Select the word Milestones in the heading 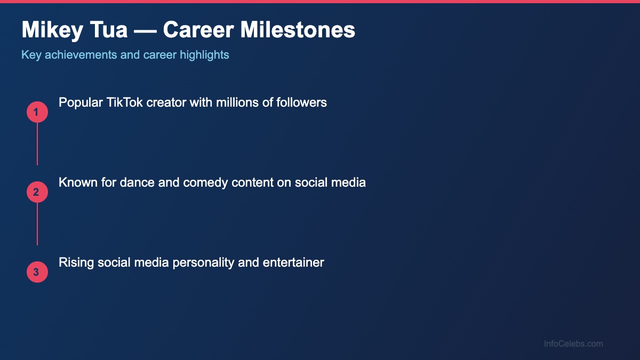pyautogui.click(x=298, y=30)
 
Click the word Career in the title pyautogui.click(x=197, y=30)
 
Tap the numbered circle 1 pyautogui.click(x=37, y=112)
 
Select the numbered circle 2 pyautogui.click(x=37, y=192)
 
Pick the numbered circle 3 pyautogui.click(x=37, y=272)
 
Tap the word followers pyautogui.click(x=301, y=102)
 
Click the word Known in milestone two pyautogui.click(x=75, y=182)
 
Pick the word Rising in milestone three pyautogui.click(x=76, y=262)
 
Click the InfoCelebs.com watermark pyautogui.click(x=573, y=343)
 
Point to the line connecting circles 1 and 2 pyautogui.click(x=37, y=144)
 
